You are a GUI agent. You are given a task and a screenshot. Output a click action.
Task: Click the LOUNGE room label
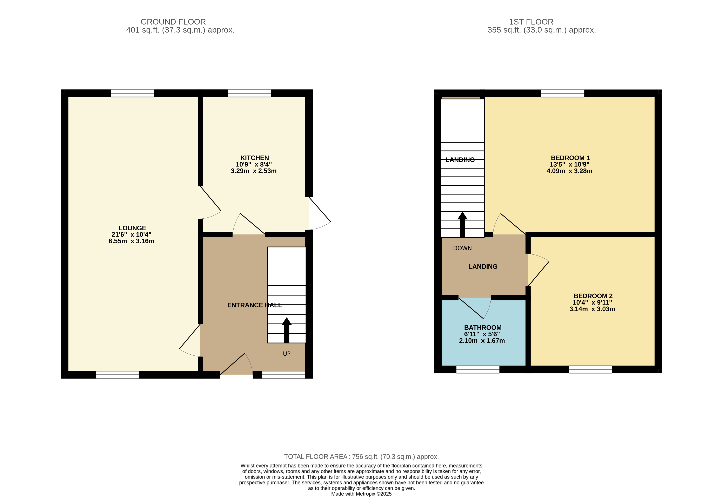[x=132, y=228]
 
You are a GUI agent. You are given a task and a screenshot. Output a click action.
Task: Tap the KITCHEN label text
[x=254, y=158]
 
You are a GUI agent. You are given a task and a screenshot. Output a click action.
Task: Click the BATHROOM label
[x=483, y=328]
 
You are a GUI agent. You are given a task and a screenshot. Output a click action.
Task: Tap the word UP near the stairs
[x=287, y=354]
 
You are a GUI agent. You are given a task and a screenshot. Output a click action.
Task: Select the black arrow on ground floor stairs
[x=287, y=330]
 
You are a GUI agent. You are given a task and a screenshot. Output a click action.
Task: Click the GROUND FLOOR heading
[x=173, y=22]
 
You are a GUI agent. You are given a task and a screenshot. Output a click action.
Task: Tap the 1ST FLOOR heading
[x=531, y=22]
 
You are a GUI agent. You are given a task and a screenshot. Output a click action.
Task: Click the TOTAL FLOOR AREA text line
[x=361, y=457]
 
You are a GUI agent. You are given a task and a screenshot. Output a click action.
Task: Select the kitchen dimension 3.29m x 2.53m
[x=254, y=171]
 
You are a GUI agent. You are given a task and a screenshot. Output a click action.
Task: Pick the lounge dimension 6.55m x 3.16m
[x=132, y=241]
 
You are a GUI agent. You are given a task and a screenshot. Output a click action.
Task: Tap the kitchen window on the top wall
[x=249, y=93]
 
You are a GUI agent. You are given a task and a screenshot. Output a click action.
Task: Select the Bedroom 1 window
[x=563, y=93]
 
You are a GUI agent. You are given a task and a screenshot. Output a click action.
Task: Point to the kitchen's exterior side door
[x=320, y=214]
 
